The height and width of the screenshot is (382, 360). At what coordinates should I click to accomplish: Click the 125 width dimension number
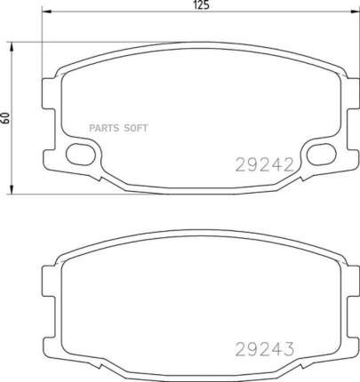[201, 5]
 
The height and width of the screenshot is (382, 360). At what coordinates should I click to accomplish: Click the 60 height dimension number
[5, 118]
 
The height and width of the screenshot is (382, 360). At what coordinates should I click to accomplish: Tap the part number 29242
[264, 164]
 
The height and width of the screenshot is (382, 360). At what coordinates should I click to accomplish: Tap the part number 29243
[265, 349]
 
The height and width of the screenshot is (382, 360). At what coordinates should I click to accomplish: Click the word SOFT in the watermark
[135, 128]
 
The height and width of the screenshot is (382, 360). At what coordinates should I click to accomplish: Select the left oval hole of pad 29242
[81, 154]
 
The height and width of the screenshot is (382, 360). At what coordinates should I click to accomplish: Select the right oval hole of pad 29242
[321, 154]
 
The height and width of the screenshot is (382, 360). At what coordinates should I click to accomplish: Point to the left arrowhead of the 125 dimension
[46, 12]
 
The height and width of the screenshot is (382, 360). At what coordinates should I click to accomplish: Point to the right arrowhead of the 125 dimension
[355, 12]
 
